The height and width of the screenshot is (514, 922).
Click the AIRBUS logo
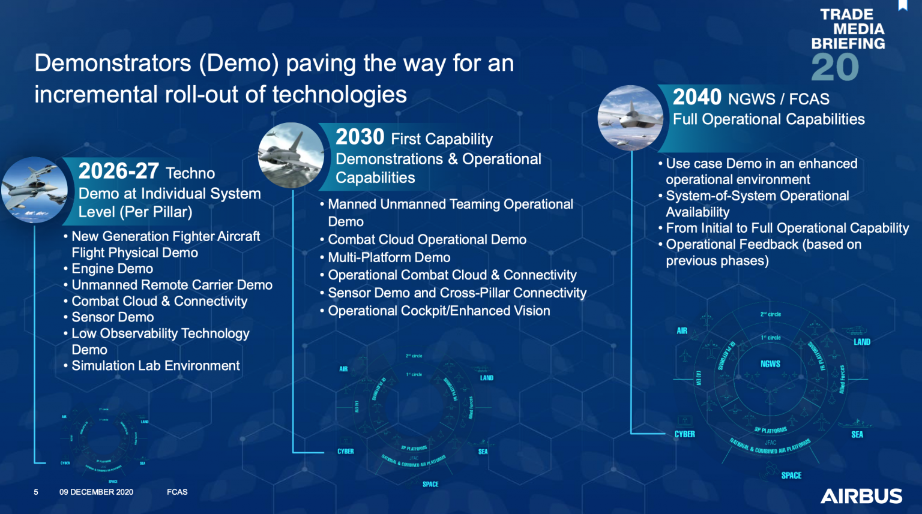861,496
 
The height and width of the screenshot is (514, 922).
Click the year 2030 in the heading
360,137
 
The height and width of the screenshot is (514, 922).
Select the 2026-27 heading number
118,172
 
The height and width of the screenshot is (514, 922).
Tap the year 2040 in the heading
697,97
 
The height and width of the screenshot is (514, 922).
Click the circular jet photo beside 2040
630,118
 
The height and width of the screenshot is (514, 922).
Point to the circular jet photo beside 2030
291,155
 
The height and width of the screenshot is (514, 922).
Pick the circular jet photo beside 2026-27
34,190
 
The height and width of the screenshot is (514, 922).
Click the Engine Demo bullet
112,269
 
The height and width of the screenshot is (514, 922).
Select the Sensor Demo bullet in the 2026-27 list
113,317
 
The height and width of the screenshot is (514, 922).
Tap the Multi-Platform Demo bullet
389,257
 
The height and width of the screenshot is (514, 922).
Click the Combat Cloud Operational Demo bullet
427,239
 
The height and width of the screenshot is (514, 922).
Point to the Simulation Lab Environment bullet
155,366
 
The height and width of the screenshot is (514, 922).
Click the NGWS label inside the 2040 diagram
770,364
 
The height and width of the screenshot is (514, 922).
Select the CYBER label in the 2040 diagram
684,434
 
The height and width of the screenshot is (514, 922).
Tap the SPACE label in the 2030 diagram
430,484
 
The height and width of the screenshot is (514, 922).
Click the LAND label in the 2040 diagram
862,342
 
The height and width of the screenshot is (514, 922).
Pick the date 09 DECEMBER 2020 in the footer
96,492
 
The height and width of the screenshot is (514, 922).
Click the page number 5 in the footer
36,492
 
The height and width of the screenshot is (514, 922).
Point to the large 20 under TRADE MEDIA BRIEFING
835,67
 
